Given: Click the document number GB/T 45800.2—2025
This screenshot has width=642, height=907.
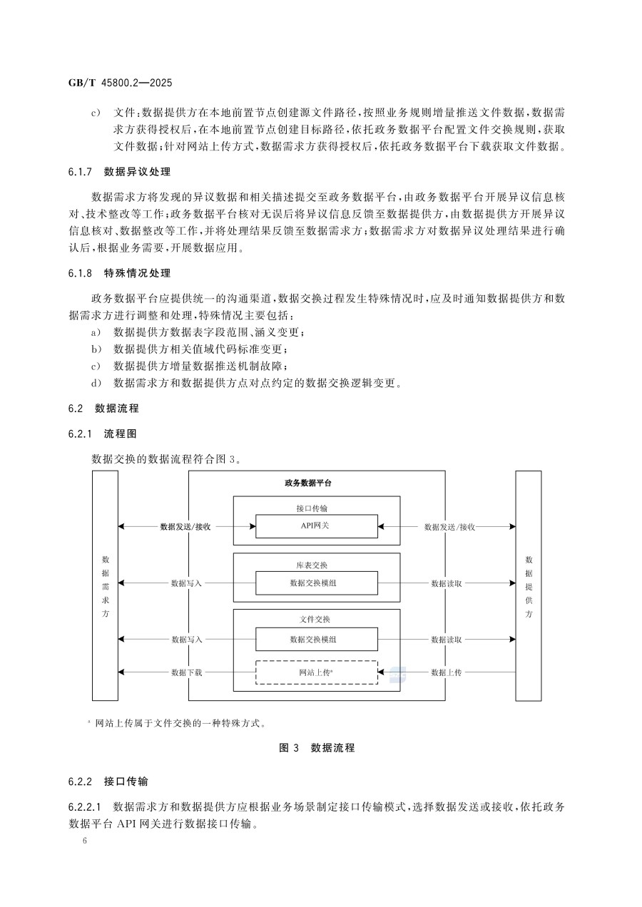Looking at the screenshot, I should click(116, 83).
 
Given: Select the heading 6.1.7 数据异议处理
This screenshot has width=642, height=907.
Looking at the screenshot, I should click(119, 173).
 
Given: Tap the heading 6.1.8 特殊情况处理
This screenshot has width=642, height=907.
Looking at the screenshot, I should click(119, 273).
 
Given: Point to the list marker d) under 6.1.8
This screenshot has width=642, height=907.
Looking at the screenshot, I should click(96, 384).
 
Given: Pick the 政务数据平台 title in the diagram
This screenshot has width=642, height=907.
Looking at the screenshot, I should click(308, 483).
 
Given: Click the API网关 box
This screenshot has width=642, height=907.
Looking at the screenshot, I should click(316, 526).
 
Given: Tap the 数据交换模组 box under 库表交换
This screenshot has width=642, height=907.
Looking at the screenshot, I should click(316, 583).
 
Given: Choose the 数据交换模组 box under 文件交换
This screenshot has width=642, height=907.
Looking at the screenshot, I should click(316, 639).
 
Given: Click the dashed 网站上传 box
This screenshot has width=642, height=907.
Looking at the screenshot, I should click(316, 672).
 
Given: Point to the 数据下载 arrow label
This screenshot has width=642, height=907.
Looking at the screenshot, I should click(187, 672).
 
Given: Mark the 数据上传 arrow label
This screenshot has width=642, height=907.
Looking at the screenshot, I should click(446, 672).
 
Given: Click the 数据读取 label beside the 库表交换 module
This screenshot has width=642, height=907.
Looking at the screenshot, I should click(446, 583).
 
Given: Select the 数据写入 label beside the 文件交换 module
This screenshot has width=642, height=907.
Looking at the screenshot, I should click(187, 640).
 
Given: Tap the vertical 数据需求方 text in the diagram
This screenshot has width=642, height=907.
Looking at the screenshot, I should click(105, 585).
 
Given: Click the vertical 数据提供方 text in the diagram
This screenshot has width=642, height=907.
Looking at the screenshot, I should click(528, 585).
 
